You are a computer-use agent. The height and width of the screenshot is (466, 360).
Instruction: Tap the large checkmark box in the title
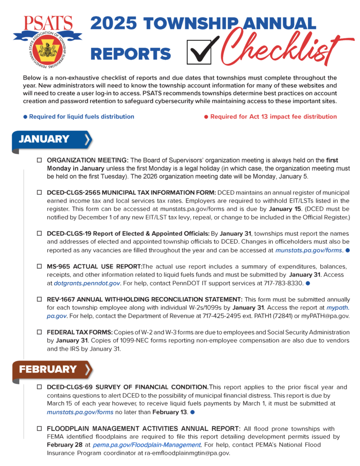[x=200, y=52]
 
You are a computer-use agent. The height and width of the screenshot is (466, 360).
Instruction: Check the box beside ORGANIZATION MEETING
[x=40, y=160]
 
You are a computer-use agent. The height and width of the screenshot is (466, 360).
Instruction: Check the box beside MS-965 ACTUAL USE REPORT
[x=40, y=266]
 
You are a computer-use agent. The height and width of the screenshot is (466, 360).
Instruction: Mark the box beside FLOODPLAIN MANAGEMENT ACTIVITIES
[x=40, y=428]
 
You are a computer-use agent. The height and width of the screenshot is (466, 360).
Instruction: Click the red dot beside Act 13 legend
[x=206, y=116]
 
